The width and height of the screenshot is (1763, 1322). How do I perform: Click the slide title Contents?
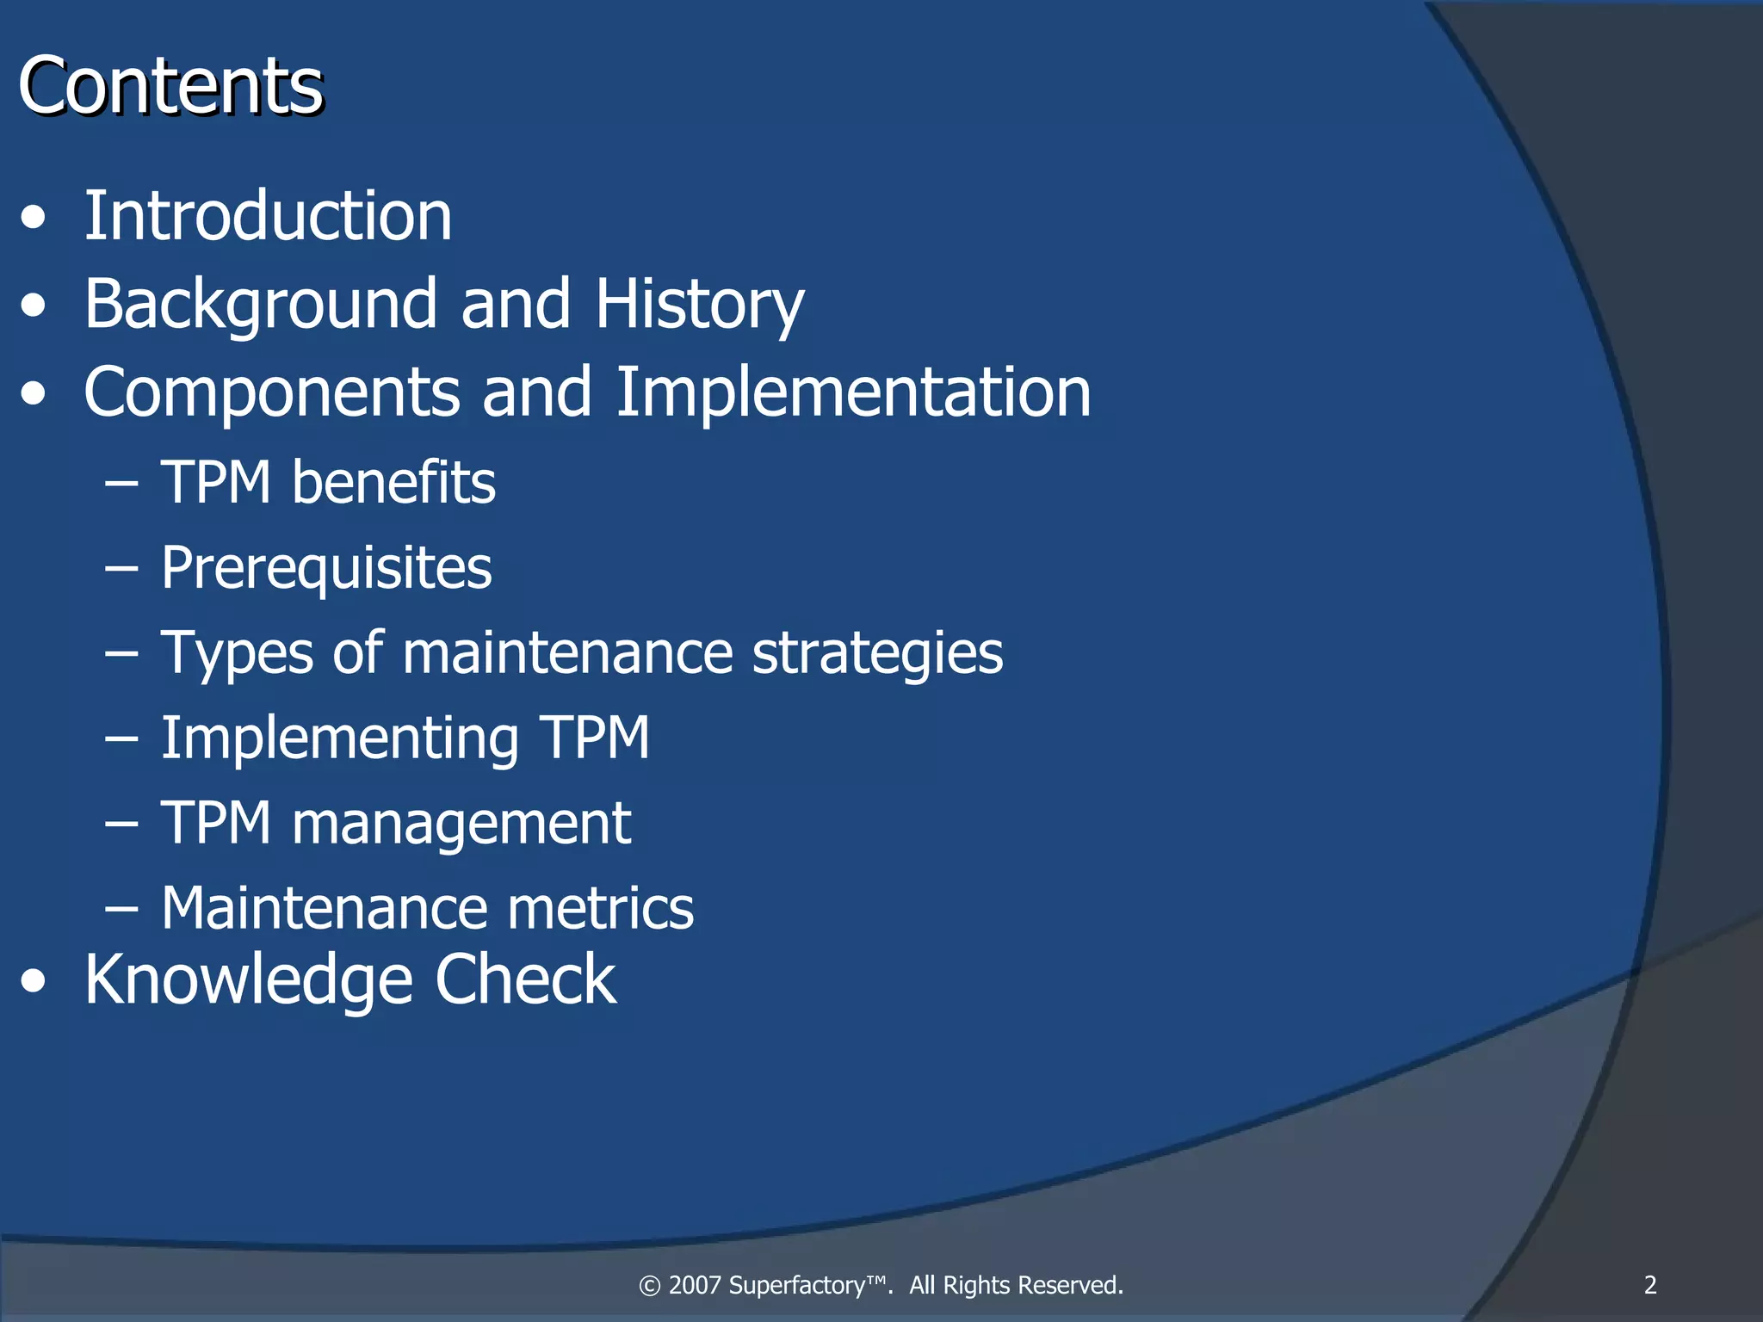click(x=170, y=85)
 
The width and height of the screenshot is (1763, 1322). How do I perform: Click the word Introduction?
click(x=268, y=216)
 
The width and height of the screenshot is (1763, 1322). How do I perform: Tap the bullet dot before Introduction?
click(x=34, y=219)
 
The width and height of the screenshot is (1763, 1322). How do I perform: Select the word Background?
click(x=261, y=306)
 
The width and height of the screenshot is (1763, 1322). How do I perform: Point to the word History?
click(x=699, y=306)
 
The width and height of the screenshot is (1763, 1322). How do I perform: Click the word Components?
click(x=271, y=393)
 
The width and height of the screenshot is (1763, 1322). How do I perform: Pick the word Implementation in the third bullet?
click(x=853, y=393)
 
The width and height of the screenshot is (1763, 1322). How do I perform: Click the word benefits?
click(x=393, y=482)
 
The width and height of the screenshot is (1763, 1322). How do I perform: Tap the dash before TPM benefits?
click(x=121, y=485)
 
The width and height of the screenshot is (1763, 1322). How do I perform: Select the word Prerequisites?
click(x=326, y=569)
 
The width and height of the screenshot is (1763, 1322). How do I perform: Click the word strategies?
click(x=877, y=653)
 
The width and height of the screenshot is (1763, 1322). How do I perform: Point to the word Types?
click(x=237, y=653)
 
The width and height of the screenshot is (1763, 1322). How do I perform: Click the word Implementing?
click(x=340, y=738)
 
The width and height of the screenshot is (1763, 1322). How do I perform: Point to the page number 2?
click(x=1650, y=1285)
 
